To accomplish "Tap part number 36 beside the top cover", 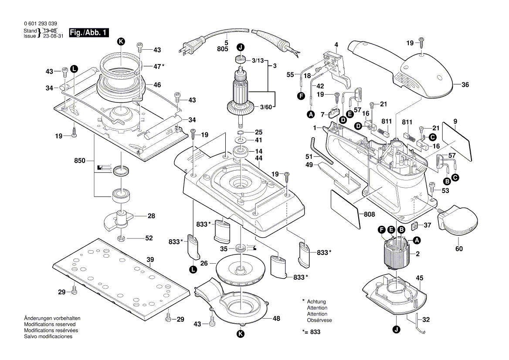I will pyautogui.click(x=465, y=85).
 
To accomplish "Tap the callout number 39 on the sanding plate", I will pyautogui.click(x=150, y=260).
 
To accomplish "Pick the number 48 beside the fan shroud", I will pyautogui.click(x=276, y=318).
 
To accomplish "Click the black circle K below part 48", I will pyautogui.click(x=241, y=334).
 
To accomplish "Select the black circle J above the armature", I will pyautogui.click(x=241, y=47).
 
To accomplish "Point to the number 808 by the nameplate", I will pyautogui.click(x=370, y=214).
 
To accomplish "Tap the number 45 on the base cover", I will pyautogui.click(x=419, y=278).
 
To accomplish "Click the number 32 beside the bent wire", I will pyautogui.click(x=426, y=320).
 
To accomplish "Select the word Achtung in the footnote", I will pyautogui.click(x=316, y=302).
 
